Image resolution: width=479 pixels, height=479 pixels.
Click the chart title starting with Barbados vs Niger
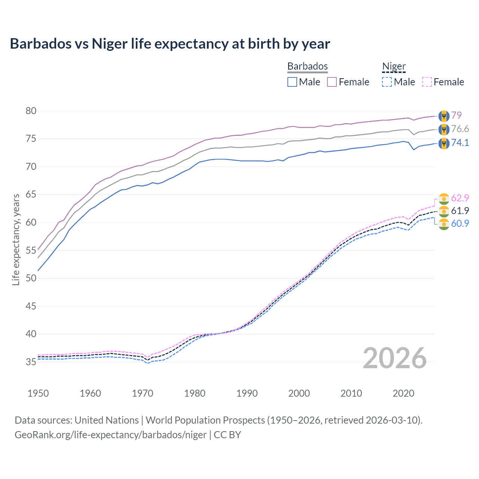point(170,44)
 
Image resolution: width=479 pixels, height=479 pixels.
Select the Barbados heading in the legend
point(307,66)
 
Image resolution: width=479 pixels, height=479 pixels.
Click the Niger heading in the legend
point(394,66)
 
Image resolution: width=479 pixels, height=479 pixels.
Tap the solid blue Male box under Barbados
point(292,82)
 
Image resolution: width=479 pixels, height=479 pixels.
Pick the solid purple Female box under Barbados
point(332,82)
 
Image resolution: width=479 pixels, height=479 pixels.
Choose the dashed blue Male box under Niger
point(387,82)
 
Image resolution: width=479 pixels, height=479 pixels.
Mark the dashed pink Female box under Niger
point(427,82)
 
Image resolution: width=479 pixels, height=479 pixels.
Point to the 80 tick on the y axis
point(31,111)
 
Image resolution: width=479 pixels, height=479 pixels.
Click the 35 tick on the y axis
point(31,362)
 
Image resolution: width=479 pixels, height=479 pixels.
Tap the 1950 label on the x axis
point(38,393)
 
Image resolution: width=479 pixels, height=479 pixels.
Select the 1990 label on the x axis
point(247,393)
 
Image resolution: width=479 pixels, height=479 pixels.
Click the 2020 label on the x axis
point(403,393)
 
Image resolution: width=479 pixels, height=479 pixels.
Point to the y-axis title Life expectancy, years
point(16,239)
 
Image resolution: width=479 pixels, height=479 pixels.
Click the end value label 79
point(456,115)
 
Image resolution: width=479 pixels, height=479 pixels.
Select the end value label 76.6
point(460,129)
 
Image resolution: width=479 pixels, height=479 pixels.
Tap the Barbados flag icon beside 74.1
point(444,143)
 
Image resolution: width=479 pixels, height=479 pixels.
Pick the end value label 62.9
point(460,198)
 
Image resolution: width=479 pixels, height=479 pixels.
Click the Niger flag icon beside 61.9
point(444,211)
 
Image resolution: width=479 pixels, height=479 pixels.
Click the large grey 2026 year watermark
point(395,358)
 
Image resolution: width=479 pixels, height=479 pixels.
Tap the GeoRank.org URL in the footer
point(110,435)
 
